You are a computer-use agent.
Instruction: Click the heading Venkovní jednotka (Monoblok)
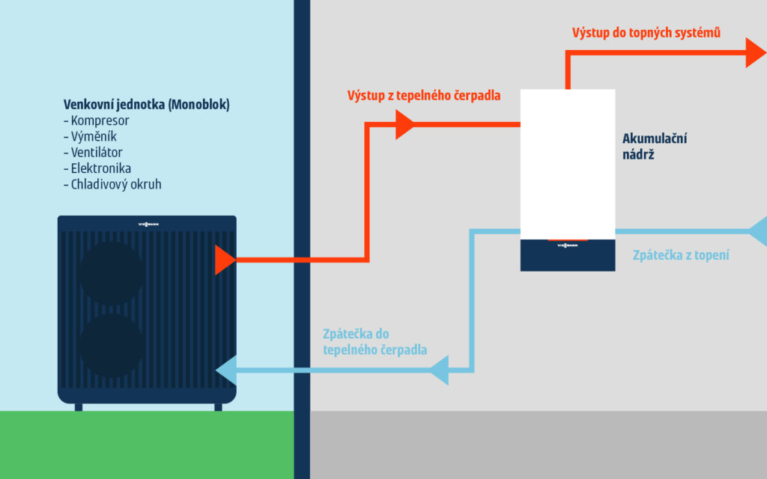tap(146, 105)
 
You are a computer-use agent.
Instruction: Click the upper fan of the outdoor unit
tap(112, 273)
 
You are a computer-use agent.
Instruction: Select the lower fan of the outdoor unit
tap(112, 345)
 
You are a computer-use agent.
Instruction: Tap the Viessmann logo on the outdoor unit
tap(148, 223)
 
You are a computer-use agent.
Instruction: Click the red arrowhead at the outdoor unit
tap(224, 260)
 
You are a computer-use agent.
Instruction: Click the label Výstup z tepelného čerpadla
tap(424, 96)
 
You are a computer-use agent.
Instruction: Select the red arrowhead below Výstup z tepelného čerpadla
tap(404, 124)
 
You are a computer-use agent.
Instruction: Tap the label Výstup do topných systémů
tap(646, 33)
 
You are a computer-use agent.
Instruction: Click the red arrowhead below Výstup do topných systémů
tap(754, 52)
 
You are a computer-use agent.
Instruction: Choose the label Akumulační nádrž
tap(655, 147)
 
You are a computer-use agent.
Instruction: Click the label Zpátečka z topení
tap(681, 255)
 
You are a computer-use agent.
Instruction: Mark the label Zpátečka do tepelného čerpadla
tap(375, 341)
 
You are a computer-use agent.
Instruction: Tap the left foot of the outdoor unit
tap(79, 407)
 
